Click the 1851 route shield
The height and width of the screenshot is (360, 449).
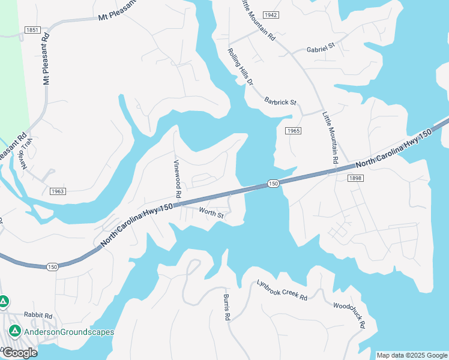coord(32,30)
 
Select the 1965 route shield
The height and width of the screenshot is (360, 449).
coord(293,131)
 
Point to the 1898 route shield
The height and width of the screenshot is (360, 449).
coord(355,178)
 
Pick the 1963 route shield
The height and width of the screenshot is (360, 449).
coord(57,191)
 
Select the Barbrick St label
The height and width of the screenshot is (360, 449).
coord(280,102)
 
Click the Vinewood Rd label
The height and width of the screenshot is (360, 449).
coord(177,179)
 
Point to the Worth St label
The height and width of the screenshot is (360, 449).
coord(211,213)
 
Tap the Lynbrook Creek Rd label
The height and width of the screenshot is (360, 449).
coord(282,290)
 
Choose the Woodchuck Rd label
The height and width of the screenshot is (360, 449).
coord(349,314)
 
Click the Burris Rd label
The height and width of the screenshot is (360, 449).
coord(227,307)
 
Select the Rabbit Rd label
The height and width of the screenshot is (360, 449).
coord(38,315)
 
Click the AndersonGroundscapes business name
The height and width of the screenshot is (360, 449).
coord(69,332)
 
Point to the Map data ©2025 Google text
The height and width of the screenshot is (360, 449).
coord(411,355)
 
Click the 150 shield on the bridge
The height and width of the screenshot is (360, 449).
coord(273,183)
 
